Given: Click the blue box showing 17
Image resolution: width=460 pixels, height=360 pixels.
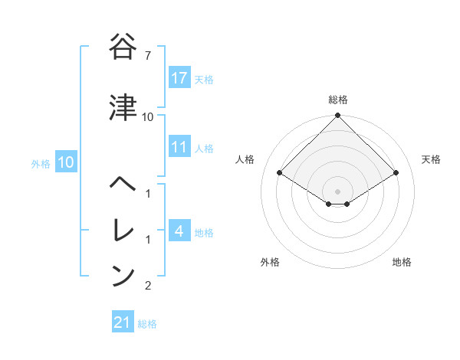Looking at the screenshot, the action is pos(179,78).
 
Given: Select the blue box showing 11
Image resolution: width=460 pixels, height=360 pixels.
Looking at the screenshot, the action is pos(179,147).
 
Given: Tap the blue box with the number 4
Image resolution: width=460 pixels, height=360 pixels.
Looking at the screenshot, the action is pos(179,231).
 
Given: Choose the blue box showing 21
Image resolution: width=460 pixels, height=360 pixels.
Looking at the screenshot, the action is pos(123,322).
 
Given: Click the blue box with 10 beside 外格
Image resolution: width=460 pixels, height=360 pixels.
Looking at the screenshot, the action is pos(66,162).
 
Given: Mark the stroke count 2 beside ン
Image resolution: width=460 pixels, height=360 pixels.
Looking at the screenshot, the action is pos(148,286).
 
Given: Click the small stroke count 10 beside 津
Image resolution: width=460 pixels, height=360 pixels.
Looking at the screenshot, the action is pos(148,117).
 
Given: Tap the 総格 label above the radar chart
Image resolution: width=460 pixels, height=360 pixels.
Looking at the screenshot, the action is pos(338,100).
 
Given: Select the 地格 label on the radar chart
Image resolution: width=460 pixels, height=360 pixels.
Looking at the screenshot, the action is pos(402,262).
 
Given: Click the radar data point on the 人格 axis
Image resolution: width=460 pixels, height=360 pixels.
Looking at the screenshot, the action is pos(280,172).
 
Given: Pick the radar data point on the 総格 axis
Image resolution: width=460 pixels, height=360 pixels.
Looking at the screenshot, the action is pos(338,116).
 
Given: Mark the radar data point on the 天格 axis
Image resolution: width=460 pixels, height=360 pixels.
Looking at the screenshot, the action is pos(396,172).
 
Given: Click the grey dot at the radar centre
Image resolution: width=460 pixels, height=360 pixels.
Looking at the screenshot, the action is pos(338,191).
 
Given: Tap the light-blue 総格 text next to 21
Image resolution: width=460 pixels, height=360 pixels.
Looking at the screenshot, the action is pos(147,324).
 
